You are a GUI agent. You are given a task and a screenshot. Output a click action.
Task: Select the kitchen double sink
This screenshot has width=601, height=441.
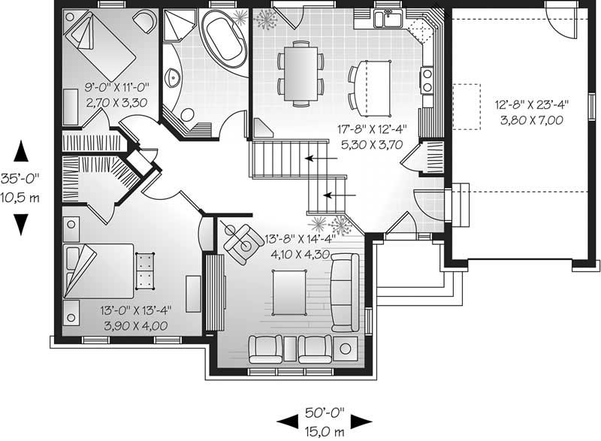tap(388, 18)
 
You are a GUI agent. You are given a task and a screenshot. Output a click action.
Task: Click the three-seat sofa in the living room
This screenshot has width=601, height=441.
tap(345, 292)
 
